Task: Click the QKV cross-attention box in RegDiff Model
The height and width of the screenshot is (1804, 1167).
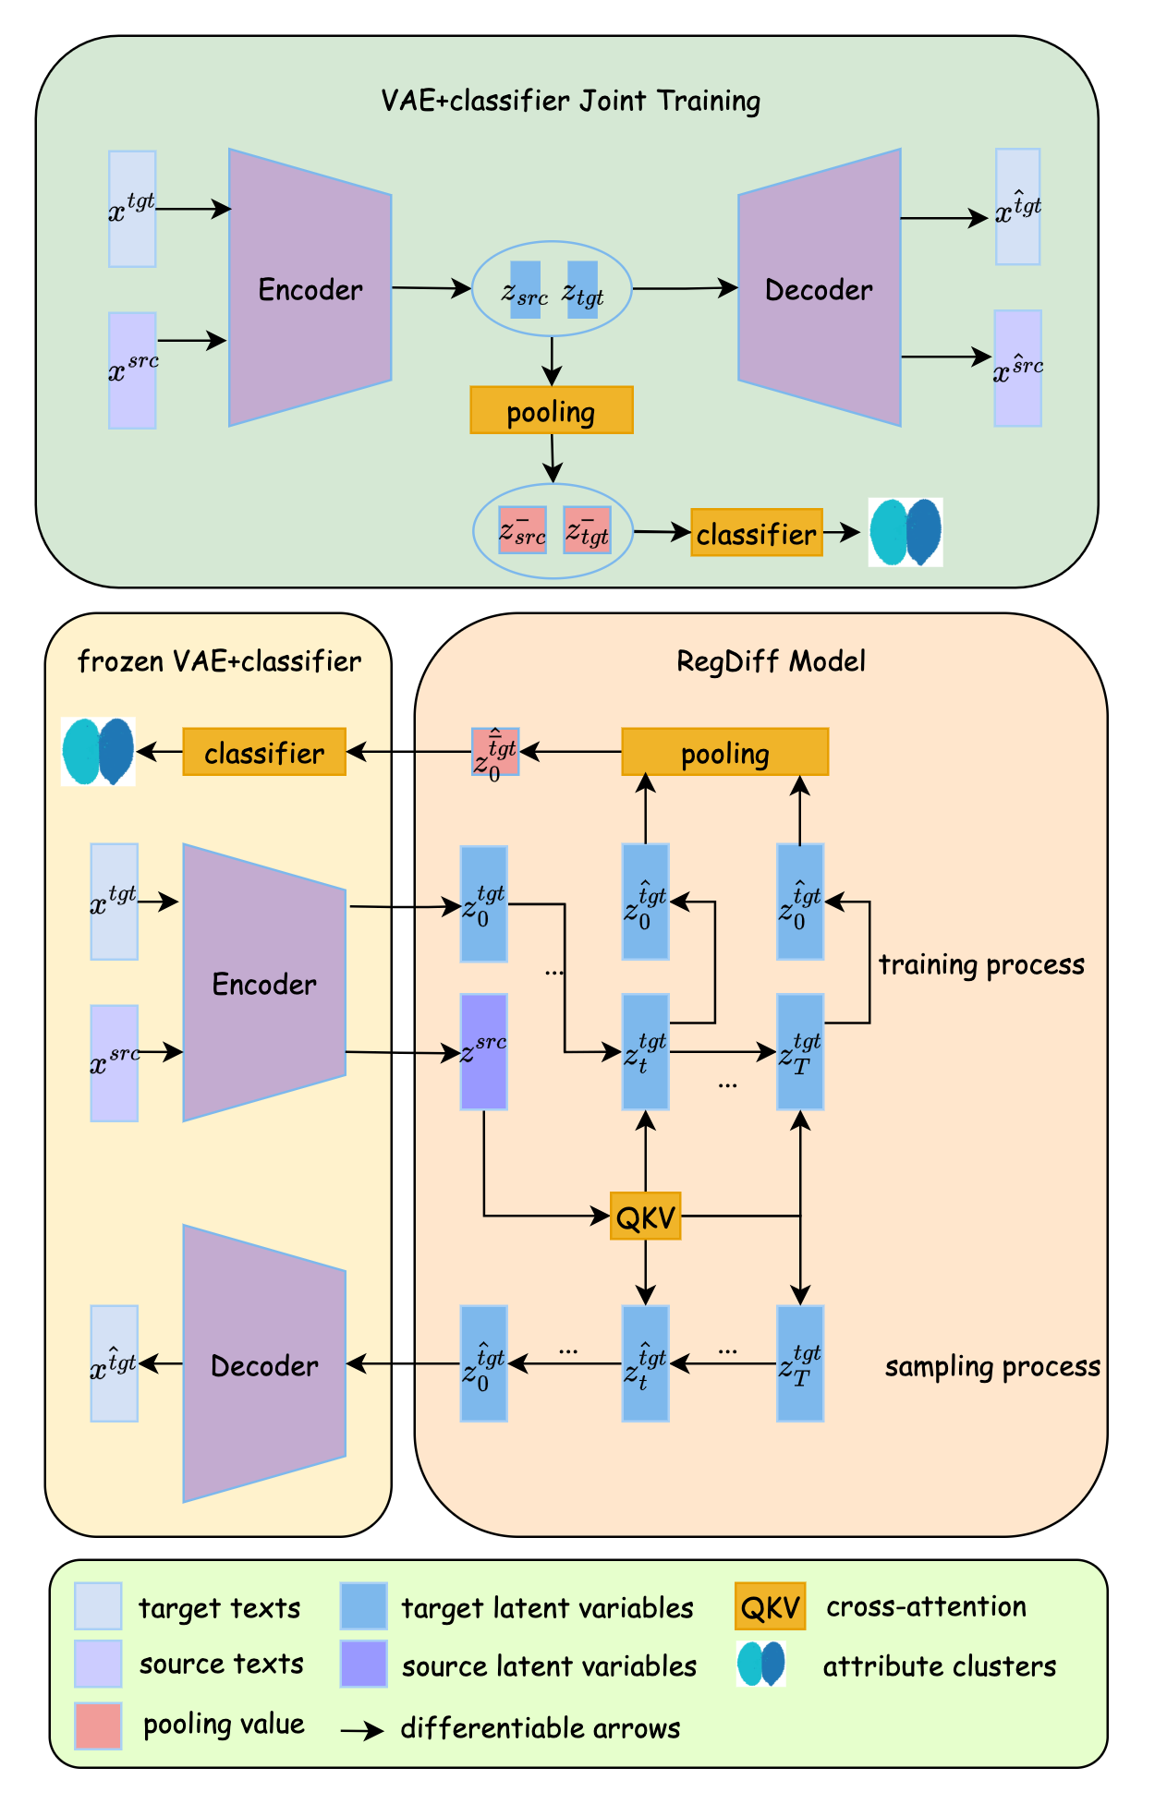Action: tap(645, 1216)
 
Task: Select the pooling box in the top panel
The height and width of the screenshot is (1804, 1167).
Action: tap(551, 410)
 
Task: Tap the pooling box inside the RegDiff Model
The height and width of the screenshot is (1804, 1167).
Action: tap(724, 752)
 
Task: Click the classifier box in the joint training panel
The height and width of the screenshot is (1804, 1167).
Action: tap(756, 533)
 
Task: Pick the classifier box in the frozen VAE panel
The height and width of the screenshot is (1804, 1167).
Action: tap(264, 752)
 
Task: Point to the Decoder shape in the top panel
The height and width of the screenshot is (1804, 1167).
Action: tap(819, 288)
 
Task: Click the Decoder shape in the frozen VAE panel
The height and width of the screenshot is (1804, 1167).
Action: tap(264, 1363)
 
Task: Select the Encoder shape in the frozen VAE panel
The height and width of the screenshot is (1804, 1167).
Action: tap(264, 982)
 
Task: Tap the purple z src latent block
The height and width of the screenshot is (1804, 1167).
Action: tap(483, 1051)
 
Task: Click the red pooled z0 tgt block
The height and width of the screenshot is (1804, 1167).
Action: tap(495, 752)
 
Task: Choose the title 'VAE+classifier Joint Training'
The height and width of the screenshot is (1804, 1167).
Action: tap(570, 100)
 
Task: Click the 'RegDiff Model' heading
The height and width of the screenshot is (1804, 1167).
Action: tap(771, 661)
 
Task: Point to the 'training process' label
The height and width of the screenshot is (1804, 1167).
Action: tap(981, 964)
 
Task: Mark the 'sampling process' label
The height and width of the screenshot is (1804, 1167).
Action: tap(992, 1366)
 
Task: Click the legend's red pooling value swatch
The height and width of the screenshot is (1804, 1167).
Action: tap(98, 1725)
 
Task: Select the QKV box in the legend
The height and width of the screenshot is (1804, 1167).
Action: tap(770, 1607)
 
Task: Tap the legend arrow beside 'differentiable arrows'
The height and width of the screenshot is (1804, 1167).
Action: tap(362, 1731)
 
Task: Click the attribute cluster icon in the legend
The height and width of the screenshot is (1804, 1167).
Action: tap(760, 1664)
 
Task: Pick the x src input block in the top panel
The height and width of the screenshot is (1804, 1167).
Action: tap(132, 370)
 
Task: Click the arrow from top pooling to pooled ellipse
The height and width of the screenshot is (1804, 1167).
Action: tap(553, 458)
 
